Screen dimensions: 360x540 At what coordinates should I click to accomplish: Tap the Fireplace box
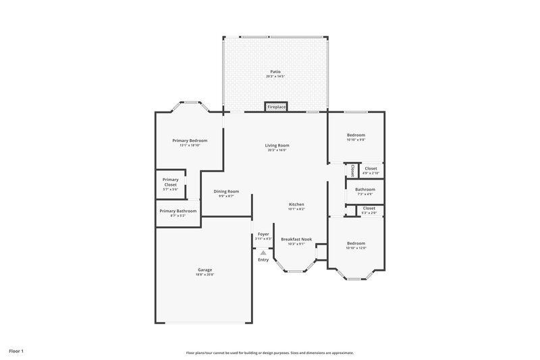tap(277, 107)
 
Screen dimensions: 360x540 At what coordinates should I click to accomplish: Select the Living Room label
tap(277, 145)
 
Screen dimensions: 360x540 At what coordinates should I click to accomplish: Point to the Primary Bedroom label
tap(189, 140)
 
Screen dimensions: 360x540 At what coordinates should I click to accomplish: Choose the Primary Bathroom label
tap(178, 211)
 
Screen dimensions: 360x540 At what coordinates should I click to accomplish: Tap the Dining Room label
tap(227, 191)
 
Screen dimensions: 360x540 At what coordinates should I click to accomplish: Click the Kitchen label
tap(296, 204)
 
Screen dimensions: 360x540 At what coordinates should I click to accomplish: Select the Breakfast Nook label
tap(296, 239)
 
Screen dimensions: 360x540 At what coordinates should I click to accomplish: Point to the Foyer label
tap(263, 234)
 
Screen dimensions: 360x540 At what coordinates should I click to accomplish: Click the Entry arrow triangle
tap(263, 253)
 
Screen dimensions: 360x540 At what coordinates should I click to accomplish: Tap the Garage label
tap(205, 269)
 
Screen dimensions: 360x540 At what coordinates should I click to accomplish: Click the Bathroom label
tap(365, 189)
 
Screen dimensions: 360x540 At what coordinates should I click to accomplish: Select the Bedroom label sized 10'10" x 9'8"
tap(356, 134)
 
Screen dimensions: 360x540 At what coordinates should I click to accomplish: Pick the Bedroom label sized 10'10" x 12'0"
tap(356, 243)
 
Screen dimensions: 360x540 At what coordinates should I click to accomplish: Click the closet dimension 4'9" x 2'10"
tap(371, 174)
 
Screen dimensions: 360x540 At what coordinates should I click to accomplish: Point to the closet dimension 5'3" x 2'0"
tap(369, 213)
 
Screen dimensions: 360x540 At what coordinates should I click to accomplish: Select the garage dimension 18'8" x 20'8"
tap(205, 275)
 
